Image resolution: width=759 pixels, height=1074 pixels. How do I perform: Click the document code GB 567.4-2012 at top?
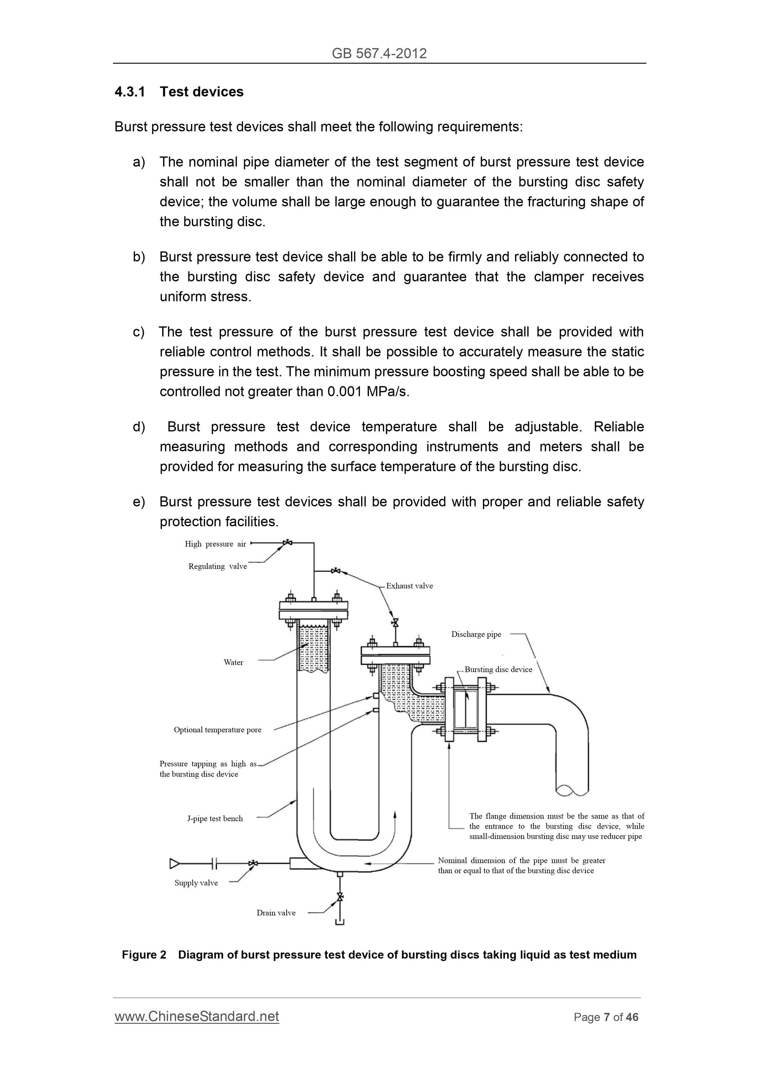click(x=379, y=53)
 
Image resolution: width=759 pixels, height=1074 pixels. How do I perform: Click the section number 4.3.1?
click(x=129, y=92)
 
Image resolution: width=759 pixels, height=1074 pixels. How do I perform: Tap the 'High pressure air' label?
click(x=215, y=543)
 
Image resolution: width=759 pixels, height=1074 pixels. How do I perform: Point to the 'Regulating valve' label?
click(x=218, y=566)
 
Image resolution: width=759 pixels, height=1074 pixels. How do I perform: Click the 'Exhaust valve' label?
click(x=409, y=586)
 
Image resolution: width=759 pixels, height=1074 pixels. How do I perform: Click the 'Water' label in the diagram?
click(x=233, y=662)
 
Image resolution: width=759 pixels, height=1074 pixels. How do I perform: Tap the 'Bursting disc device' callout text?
click(x=498, y=669)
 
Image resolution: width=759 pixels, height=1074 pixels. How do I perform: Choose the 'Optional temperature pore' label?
click(x=218, y=730)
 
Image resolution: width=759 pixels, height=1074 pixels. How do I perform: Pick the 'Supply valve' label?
click(x=196, y=883)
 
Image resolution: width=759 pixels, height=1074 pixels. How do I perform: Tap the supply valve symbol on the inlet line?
click(x=253, y=863)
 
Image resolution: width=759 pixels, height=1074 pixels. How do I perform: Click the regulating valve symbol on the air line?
click(x=287, y=543)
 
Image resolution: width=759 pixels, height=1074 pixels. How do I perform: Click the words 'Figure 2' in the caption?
click(x=144, y=955)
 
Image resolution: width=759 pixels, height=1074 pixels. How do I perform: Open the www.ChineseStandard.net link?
click(x=197, y=1017)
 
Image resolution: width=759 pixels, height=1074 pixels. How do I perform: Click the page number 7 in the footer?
click(x=606, y=1017)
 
